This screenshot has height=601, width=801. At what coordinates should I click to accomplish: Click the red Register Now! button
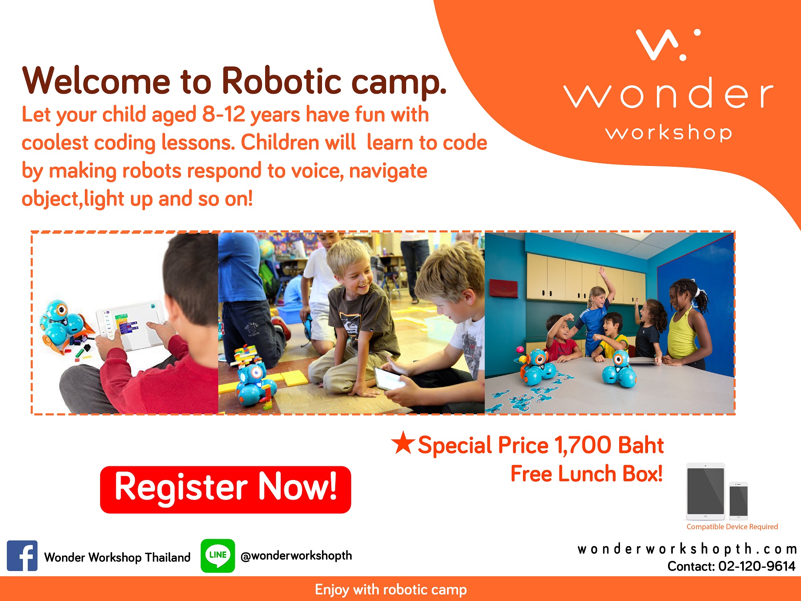point(225,489)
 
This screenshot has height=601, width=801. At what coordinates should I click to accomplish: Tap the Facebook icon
point(22,556)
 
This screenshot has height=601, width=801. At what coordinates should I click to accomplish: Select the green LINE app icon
point(218,556)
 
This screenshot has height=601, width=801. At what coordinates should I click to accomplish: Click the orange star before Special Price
point(403,443)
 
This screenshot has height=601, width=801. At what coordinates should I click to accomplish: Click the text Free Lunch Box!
point(587,474)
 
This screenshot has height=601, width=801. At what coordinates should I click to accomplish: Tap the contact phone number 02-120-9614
point(757,566)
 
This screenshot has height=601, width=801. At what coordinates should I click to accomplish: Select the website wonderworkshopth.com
point(687,549)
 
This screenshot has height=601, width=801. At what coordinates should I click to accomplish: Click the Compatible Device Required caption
point(732,526)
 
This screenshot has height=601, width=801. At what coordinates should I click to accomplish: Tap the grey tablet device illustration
point(706,491)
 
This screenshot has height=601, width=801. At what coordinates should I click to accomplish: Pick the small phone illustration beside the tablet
point(739,501)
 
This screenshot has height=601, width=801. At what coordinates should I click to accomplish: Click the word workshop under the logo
point(669,132)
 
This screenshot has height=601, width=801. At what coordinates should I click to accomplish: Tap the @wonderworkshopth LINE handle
point(296,556)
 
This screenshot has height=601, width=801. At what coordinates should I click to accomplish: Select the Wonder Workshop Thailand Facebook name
point(117,557)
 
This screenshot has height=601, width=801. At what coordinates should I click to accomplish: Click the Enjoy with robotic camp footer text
point(391,590)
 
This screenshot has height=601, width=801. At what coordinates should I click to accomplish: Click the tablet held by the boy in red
point(130,326)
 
